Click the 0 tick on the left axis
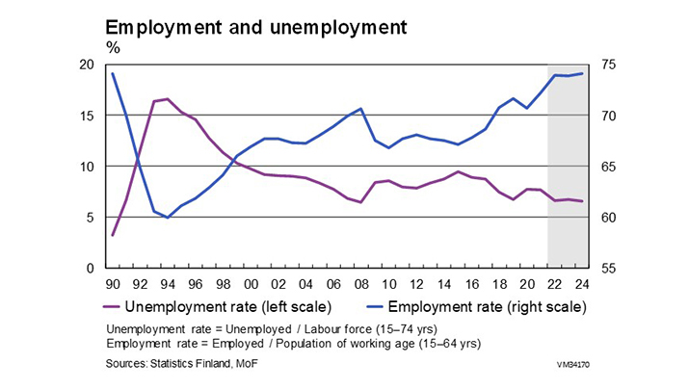click(91, 268)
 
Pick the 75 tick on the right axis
click(607, 65)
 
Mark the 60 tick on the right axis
click(607, 217)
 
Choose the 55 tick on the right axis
click(607, 268)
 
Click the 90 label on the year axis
click(113, 284)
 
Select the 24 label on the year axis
click(581, 284)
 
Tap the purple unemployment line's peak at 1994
click(168, 99)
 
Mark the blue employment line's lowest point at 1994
click(168, 218)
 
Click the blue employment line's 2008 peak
click(360, 109)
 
